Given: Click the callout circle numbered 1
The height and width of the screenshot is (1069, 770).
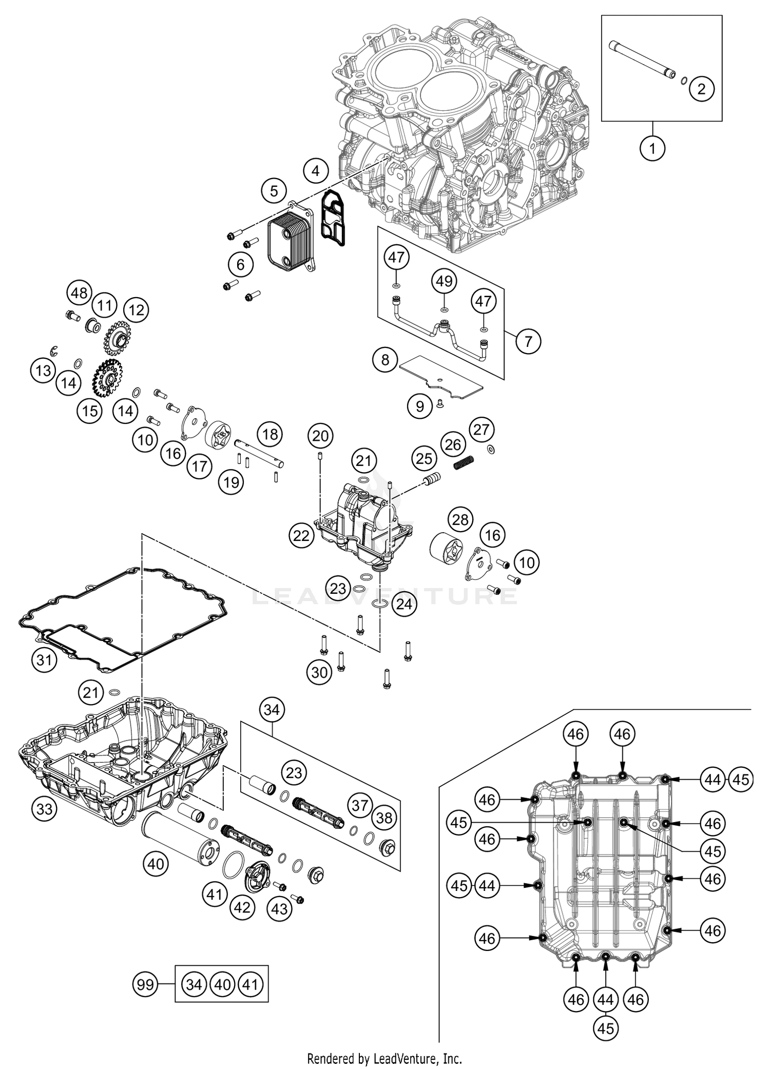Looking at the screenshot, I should pyautogui.click(x=652, y=149).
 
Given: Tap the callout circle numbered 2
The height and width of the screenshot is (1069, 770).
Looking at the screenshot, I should pyautogui.click(x=702, y=89).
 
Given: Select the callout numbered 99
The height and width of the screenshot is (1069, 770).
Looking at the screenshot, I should pyautogui.click(x=146, y=985).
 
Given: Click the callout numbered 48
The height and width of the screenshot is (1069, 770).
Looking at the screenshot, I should pyautogui.click(x=79, y=294).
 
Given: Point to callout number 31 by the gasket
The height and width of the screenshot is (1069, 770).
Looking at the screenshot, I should pyautogui.click(x=44, y=659).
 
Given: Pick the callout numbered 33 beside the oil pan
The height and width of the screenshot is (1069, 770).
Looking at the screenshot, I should pyautogui.click(x=45, y=809).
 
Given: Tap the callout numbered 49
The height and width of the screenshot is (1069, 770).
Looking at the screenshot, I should pyautogui.click(x=445, y=281).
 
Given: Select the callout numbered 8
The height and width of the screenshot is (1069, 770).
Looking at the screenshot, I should pyautogui.click(x=386, y=360).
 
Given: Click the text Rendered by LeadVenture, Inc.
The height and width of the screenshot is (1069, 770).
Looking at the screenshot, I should pyautogui.click(x=384, y=1058).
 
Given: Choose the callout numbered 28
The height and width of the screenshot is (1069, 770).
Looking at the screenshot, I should pyautogui.click(x=460, y=520).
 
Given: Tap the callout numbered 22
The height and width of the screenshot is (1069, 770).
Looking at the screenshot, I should pyautogui.click(x=301, y=536).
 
